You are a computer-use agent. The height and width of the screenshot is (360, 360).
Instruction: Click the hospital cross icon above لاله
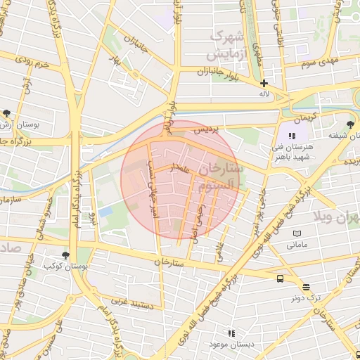click(264, 83)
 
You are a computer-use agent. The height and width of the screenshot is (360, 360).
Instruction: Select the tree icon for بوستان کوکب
click(65, 255)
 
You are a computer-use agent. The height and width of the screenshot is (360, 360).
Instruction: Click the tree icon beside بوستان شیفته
click(351, 124)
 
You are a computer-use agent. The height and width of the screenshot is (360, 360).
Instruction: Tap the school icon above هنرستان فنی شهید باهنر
click(292, 136)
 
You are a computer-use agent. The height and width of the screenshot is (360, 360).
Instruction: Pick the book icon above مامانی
click(297, 233)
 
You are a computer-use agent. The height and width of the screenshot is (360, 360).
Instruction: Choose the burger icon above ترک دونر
click(306, 287)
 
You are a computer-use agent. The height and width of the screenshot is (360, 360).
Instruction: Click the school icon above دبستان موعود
click(230, 333)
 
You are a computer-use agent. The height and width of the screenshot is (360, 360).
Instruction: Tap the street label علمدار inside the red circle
click(179, 168)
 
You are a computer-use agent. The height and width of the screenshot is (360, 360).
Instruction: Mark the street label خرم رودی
click(34, 65)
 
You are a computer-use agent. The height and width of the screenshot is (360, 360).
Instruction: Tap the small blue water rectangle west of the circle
click(105, 211)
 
